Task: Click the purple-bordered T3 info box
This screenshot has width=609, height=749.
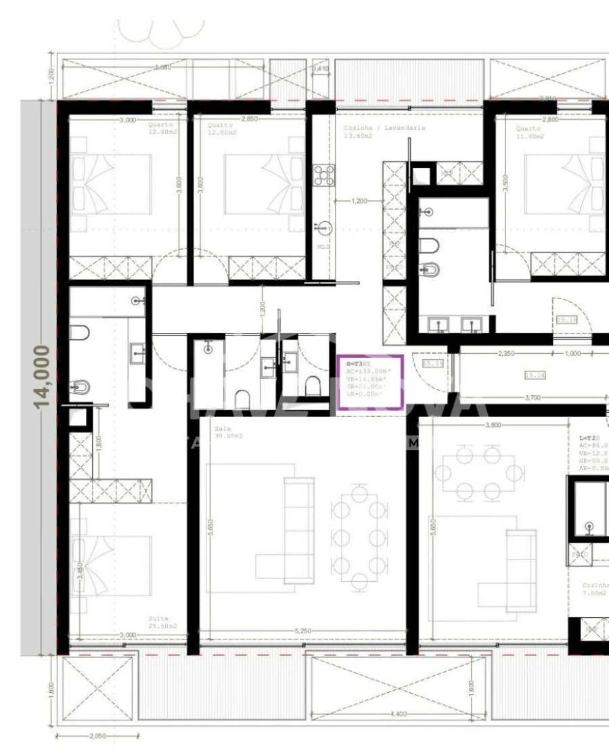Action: [370, 383]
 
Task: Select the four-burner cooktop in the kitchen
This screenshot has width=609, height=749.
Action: [324, 175]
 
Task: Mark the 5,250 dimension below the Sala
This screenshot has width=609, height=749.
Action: [302, 631]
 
